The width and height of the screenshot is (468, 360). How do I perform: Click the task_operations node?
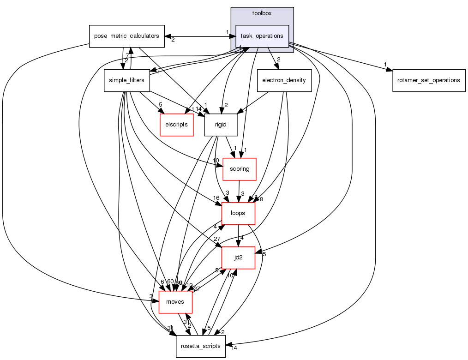point(262,36)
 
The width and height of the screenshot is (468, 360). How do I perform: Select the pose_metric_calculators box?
point(126,36)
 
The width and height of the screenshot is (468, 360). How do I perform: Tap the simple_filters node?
point(126,80)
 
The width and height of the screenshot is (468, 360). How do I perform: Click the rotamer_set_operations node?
point(429,80)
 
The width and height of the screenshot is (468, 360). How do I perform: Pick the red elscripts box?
point(176,125)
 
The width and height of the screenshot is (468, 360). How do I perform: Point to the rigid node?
point(221,125)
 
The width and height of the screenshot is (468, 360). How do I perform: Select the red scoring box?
point(239,169)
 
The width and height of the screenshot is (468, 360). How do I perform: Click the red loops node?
point(238,213)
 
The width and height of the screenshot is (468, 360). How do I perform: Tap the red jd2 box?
point(238,258)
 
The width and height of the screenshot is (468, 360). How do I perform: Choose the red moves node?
point(175,302)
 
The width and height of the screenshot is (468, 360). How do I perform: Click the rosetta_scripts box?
point(200,346)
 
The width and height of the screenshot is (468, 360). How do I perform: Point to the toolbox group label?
point(262,13)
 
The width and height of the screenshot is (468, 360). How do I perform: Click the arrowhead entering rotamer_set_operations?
point(389,70)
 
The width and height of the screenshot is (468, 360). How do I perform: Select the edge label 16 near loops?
point(216,198)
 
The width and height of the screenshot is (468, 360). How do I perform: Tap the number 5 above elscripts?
point(161,104)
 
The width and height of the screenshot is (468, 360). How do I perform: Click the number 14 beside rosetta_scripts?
point(234,348)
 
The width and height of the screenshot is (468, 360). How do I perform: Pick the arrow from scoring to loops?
point(238,191)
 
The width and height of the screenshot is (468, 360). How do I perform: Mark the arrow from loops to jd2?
point(238,235)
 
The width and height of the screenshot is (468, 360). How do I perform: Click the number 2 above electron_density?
point(278,60)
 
